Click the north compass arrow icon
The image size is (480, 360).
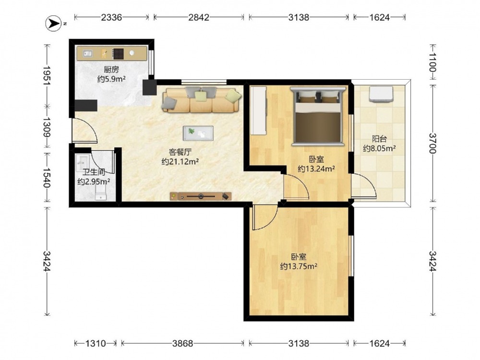pos(54,23)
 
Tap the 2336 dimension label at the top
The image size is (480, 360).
pos(111,17)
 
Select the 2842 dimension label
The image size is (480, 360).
pos(199,17)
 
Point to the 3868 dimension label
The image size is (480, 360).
pos(182,344)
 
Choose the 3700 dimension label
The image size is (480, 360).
pos(432,143)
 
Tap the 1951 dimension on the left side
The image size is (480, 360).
pos(47,75)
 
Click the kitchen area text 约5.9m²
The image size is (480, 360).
pos(111,79)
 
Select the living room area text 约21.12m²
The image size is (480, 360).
pos(180,161)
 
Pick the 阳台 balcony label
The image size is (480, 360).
pos(379,139)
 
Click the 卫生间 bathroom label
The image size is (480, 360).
pos(94,172)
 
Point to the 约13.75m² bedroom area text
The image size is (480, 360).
pos(299,266)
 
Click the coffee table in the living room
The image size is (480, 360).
pos(198,133)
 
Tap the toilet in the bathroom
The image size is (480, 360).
pos(101,193)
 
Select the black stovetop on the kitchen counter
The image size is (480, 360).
pos(118,53)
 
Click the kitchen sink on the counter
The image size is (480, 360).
pos(87,54)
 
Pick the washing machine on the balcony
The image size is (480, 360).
pos(381,94)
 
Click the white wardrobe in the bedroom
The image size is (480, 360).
pos(258,110)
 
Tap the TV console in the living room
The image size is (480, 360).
pos(201,196)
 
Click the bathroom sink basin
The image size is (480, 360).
pos(82,160)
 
